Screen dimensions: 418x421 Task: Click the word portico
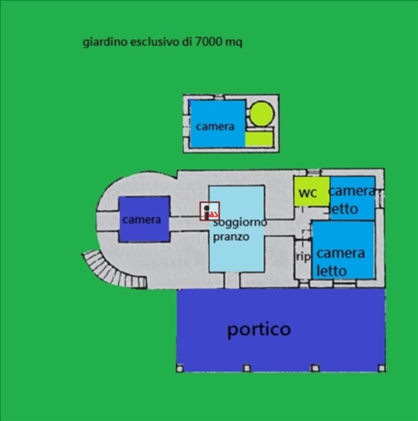259,329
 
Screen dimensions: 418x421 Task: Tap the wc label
308,193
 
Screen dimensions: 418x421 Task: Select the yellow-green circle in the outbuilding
262,114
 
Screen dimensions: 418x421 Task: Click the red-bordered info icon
210,211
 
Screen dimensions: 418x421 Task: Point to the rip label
303,257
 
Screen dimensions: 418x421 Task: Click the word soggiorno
240,222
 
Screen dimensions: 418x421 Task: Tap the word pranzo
231,237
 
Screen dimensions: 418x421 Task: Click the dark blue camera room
144,219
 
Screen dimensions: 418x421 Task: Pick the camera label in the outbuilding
215,126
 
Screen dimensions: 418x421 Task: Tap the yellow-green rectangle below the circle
259,139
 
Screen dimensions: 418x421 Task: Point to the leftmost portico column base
180,368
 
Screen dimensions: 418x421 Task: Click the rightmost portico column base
381,368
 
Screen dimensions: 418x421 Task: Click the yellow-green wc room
312,191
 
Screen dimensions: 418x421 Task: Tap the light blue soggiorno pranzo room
237,229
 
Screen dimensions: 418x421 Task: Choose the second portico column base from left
247,368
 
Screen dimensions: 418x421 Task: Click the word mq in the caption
233,43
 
